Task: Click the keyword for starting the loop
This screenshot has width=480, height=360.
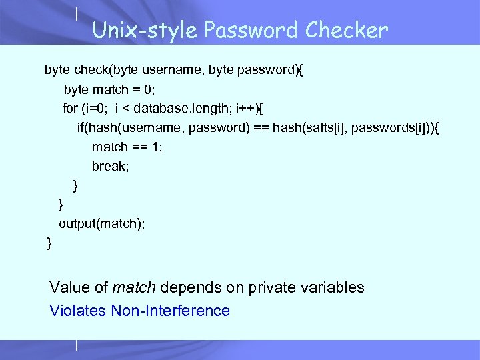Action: tap(70, 108)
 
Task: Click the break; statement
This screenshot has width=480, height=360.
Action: tap(111, 166)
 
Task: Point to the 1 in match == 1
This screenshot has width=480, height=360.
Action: tap(155, 147)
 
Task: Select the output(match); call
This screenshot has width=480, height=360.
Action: tap(101, 224)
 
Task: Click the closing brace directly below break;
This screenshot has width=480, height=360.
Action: tap(75, 185)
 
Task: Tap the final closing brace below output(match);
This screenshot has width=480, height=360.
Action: tap(49, 243)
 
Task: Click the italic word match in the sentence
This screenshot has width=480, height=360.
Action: tap(134, 288)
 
